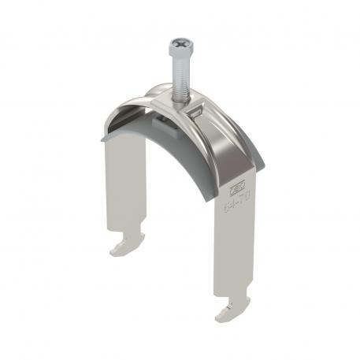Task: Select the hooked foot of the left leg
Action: [124, 247]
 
